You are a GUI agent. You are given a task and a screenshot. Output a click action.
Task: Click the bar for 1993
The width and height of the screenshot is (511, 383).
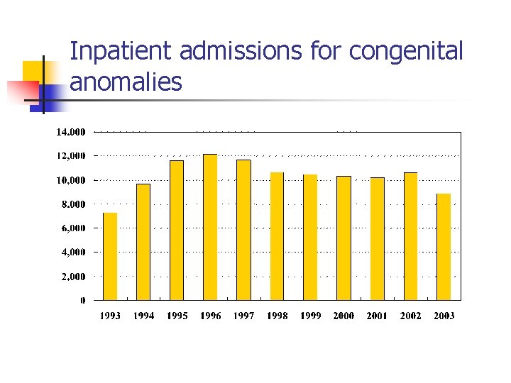110,256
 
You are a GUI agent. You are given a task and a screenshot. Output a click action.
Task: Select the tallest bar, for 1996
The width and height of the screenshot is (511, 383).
210,227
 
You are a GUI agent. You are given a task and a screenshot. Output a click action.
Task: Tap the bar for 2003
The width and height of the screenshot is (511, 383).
444,247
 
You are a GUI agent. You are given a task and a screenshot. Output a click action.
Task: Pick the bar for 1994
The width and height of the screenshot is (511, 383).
143,242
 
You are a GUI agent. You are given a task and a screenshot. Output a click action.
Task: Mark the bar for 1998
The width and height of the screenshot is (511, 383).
277,236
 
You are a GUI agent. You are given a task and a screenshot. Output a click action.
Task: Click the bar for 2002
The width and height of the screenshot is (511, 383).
410,236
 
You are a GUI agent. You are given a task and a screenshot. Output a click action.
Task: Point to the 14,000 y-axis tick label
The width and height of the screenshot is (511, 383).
70,132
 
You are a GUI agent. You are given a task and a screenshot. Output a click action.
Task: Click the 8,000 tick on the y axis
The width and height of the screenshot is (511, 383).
72,204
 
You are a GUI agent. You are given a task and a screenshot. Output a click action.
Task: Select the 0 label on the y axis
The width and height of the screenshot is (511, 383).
82,301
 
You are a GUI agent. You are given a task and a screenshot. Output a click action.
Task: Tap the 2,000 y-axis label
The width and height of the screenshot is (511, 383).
72,277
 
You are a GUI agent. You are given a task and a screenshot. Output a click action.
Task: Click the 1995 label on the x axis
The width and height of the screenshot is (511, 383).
177,316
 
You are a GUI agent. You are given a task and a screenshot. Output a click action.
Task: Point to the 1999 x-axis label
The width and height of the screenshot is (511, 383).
310,316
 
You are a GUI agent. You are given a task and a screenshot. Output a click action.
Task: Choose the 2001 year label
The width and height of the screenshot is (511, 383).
377,316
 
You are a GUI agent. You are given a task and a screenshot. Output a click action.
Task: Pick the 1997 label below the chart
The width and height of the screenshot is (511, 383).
243,316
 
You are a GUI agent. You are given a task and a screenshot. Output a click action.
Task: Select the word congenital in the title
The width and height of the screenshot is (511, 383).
406,52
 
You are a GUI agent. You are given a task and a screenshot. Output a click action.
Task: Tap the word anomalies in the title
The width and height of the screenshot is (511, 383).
126,83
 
